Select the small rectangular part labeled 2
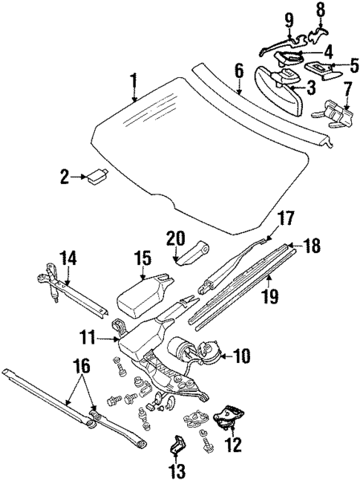coord(96,176)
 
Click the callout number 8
coord(321,10)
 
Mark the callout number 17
coord(285,218)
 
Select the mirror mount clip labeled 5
coord(322,69)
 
